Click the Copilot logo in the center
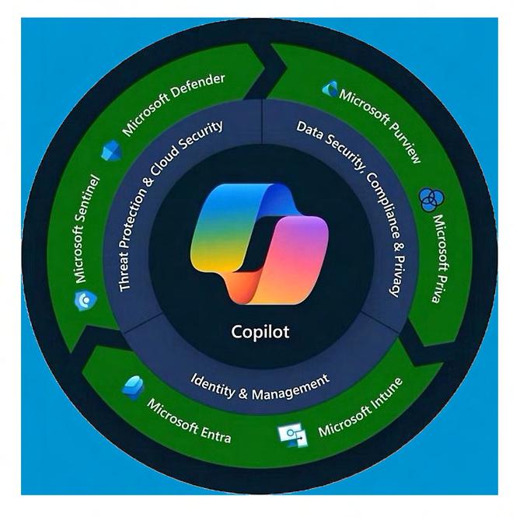coord(256,241)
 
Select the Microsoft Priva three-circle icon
coord(428,200)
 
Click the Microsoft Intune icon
coord(292,435)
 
